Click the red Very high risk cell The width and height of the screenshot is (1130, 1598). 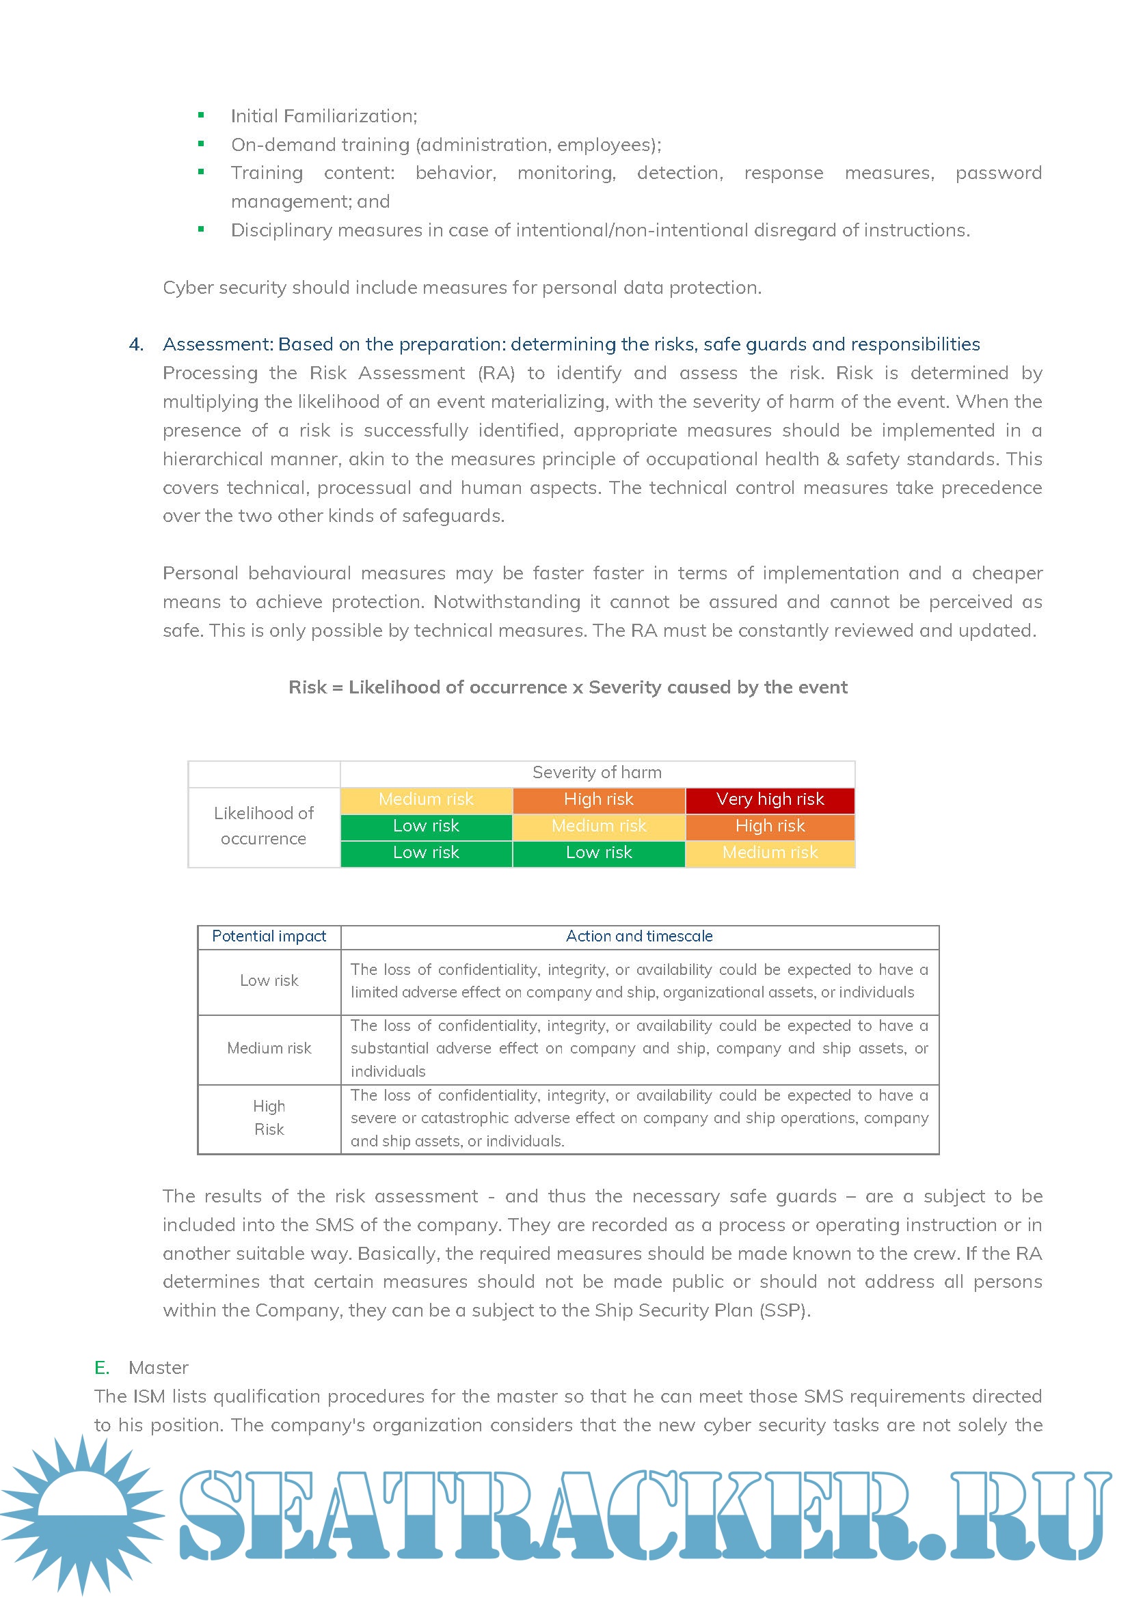769,800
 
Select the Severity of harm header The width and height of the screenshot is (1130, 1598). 597,773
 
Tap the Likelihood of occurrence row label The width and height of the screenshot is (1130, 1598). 263,826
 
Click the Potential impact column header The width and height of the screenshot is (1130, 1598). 269,936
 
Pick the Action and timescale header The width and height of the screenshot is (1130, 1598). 639,936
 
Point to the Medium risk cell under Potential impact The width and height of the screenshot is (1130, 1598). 269,1048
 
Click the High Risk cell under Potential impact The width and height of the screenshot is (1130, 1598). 269,1117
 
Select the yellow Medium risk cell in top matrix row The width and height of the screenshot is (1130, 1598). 426,800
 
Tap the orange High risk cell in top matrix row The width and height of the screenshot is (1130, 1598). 599,800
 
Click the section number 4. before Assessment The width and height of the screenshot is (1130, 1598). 137,344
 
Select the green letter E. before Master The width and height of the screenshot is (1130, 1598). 102,1368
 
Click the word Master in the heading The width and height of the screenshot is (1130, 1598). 159,1368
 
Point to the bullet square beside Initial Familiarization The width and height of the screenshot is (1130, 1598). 201,115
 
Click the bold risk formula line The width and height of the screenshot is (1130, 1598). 568,688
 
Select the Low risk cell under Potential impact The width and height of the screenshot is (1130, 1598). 269,980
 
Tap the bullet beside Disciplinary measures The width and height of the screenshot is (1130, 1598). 201,230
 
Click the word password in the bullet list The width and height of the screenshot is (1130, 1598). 997,174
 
